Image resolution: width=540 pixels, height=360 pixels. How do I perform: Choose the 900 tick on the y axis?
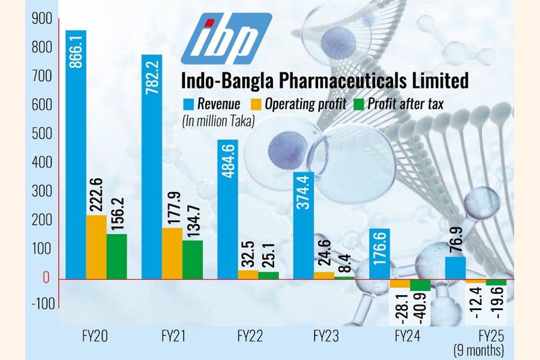coord(41,19)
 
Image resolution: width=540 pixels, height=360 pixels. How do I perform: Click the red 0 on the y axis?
coord(46,278)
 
